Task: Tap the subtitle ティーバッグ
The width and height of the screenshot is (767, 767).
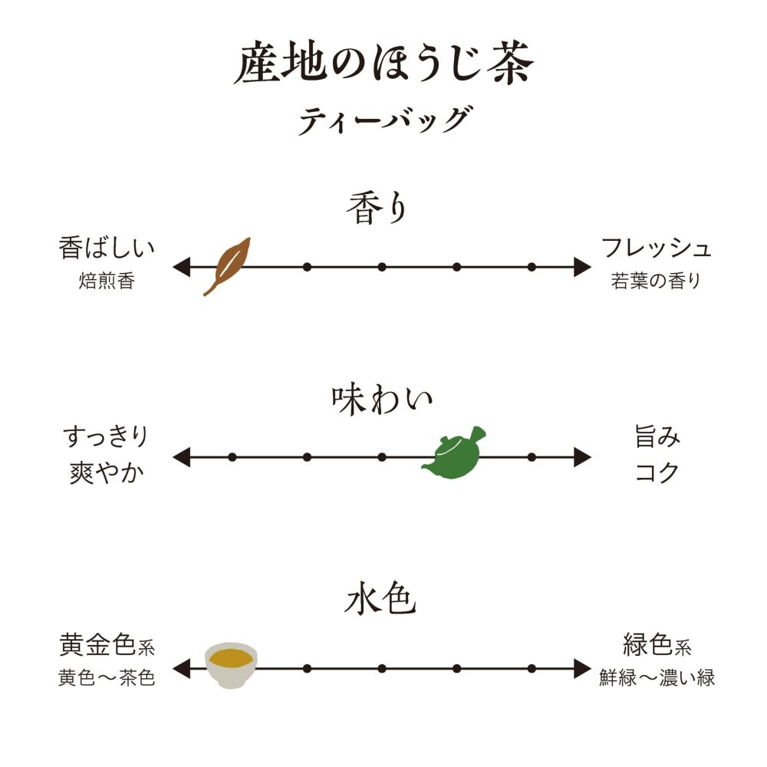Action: point(383,120)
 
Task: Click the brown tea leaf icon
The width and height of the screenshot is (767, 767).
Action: point(227,265)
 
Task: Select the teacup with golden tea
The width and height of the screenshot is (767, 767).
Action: point(232,664)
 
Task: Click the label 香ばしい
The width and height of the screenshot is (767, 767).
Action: point(107,249)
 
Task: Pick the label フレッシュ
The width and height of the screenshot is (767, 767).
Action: point(656,249)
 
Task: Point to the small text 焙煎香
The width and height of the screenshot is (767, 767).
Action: point(107,281)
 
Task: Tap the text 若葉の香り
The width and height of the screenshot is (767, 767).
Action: point(656,281)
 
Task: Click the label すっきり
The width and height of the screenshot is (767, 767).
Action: point(105,439)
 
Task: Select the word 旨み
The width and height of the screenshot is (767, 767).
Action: point(657,439)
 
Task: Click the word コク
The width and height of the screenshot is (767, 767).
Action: point(657,472)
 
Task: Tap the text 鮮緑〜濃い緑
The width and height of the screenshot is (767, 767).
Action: point(657,678)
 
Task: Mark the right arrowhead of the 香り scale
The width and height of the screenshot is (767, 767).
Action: point(583,267)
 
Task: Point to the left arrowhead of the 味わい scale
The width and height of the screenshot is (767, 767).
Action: point(181,458)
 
